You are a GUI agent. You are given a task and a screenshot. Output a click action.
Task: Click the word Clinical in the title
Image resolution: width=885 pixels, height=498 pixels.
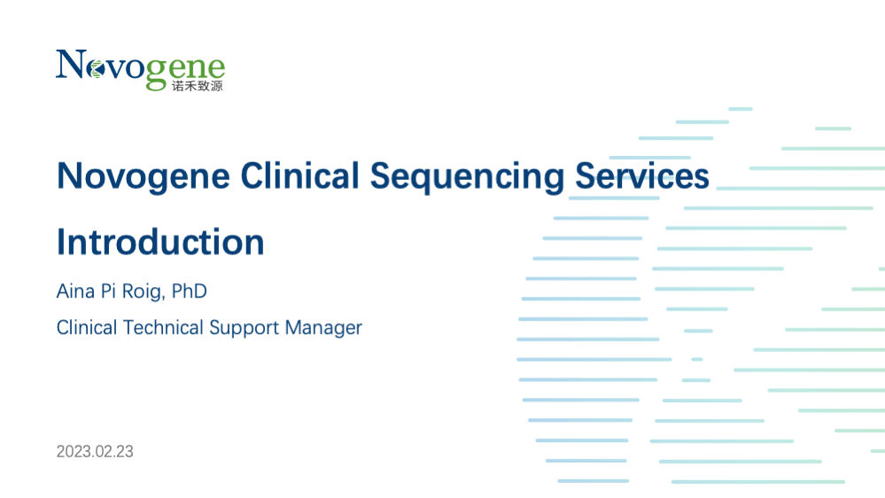click(299, 175)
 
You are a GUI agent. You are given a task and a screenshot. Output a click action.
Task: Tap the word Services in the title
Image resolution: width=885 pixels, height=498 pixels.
click(641, 175)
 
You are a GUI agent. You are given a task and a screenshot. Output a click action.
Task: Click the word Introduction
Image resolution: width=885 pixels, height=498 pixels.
click(160, 242)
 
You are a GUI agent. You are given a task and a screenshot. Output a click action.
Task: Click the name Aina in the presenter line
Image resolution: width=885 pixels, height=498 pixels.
click(75, 292)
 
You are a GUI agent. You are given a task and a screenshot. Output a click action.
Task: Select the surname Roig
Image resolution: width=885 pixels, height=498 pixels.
click(144, 292)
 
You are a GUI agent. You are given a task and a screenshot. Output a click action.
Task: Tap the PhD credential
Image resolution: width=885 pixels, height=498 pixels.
click(189, 292)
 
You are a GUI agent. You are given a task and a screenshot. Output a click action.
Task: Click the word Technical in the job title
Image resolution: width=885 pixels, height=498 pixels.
click(163, 328)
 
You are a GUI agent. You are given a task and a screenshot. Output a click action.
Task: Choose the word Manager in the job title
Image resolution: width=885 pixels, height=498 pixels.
click(323, 329)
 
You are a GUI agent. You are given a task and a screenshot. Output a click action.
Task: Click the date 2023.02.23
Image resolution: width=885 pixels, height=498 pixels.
click(95, 452)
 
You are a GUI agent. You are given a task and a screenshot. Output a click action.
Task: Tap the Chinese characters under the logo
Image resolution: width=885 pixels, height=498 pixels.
click(198, 86)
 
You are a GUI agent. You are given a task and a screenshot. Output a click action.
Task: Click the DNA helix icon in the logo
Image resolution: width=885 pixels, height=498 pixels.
click(97, 69)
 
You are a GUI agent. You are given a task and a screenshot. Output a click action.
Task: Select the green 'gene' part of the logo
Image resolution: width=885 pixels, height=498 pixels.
click(185, 71)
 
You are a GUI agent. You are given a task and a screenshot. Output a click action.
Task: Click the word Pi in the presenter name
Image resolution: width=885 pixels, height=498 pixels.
click(108, 292)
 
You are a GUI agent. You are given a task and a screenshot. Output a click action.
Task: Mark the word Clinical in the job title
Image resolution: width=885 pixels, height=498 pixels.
click(87, 328)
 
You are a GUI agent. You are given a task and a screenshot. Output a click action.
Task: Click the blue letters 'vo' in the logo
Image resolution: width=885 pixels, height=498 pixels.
click(125, 68)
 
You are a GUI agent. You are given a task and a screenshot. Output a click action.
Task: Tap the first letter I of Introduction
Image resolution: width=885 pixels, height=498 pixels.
click(60, 242)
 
